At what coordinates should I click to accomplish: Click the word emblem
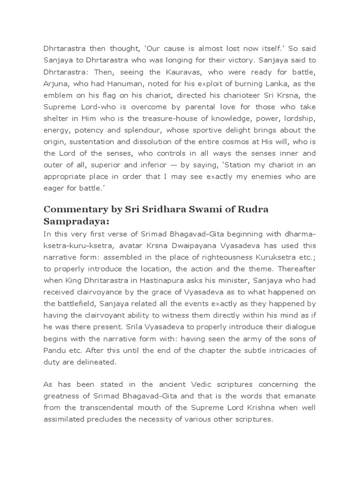coord(59,96)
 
